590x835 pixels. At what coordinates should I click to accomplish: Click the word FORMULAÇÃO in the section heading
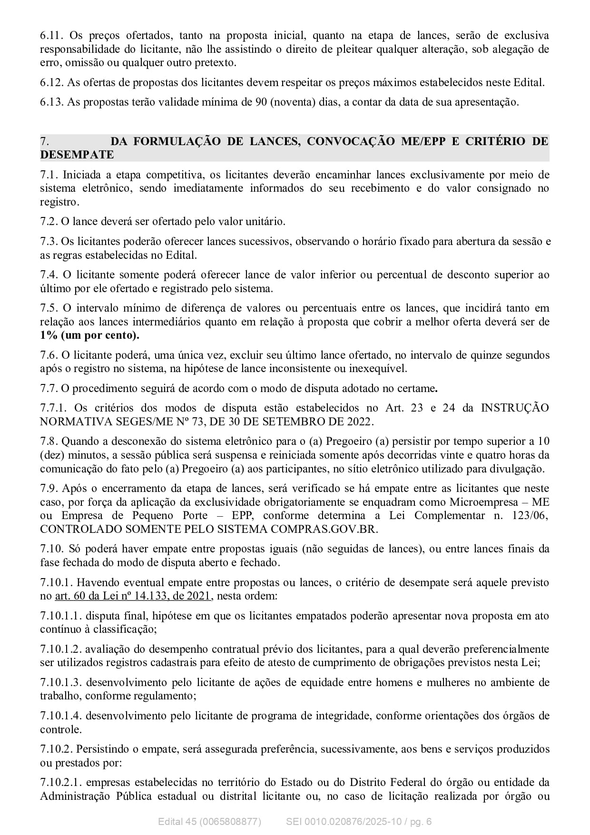click(x=169, y=141)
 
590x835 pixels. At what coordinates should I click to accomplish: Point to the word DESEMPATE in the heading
click(x=77, y=155)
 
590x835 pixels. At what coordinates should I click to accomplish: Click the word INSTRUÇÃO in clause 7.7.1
click(x=515, y=408)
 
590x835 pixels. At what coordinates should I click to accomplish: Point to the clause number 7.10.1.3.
click(x=60, y=683)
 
